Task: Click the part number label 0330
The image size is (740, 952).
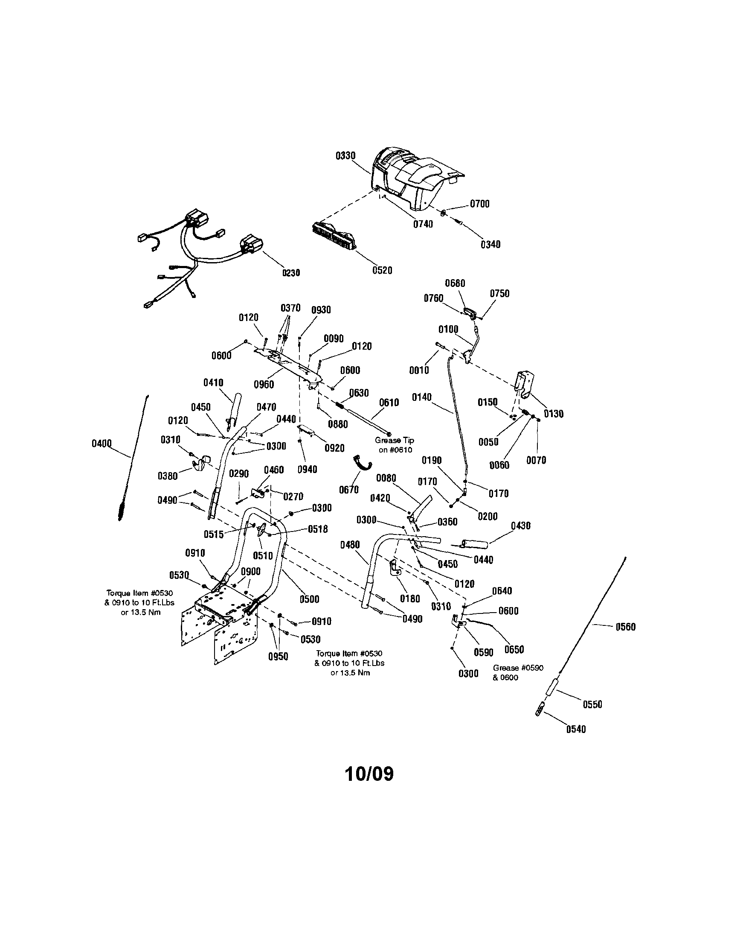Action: coord(345,156)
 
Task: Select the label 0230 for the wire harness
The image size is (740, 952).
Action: coord(290,273)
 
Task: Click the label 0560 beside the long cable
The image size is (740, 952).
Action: coord(625,627)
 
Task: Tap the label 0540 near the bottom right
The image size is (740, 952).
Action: coord(576,729)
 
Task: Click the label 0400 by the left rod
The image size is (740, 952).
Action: coord(102,444)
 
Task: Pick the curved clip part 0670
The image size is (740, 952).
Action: coord(362,462)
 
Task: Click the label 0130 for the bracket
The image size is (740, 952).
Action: coord(554,414)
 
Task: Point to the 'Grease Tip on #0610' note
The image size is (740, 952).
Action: coord(395,445)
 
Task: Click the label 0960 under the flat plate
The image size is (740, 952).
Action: coord(264,384)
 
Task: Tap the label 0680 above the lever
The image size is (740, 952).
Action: coord(455,283)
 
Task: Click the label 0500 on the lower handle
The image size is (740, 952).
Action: coord(309,599)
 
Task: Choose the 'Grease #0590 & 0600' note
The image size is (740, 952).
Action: coord(517,672)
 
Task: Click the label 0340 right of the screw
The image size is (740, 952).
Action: coord(490,245)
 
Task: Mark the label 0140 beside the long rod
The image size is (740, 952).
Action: coord(422,397)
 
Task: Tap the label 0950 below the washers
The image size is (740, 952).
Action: coord(278,657)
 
